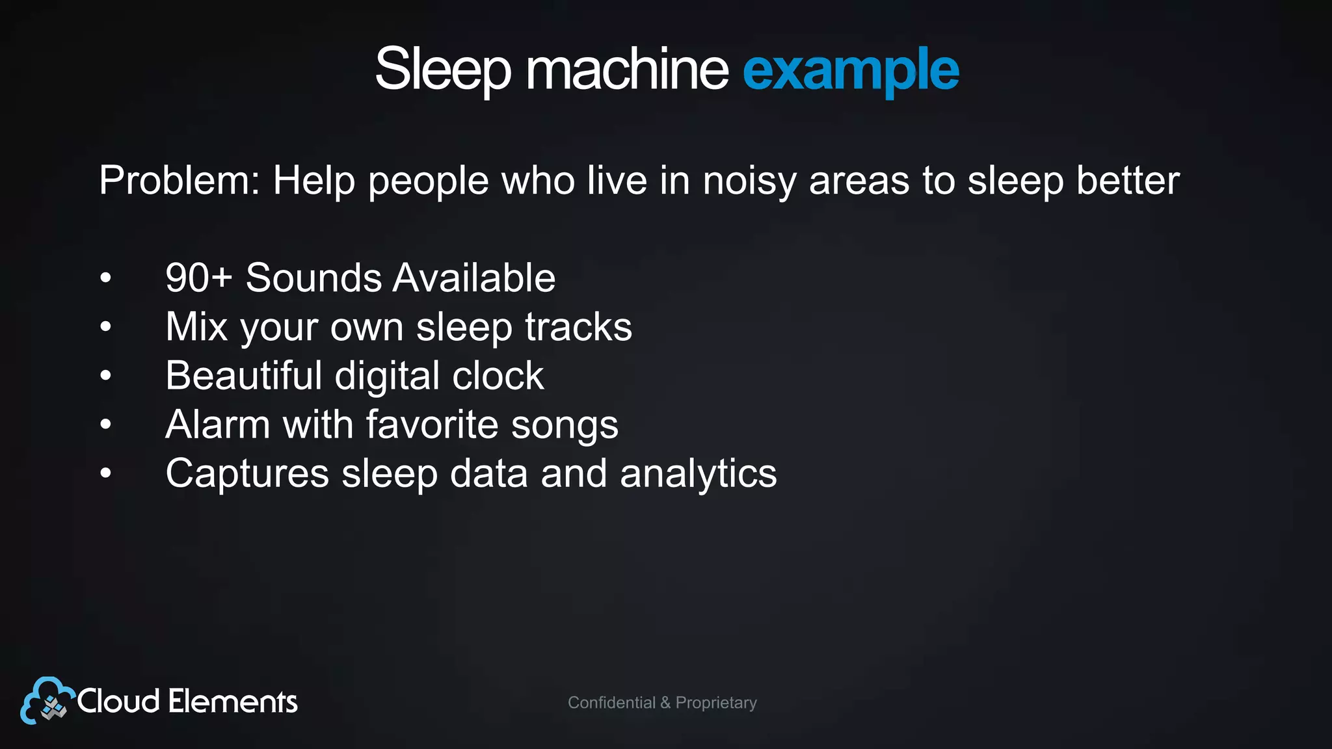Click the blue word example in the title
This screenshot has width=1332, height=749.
[x=851, y=70]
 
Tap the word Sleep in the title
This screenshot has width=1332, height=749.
[x=443, y=70]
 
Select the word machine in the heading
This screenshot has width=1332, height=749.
[x=627, y=70]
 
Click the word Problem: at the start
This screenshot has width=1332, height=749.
[x=180, y=180]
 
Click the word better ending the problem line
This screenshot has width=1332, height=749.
[x=1128, y=180]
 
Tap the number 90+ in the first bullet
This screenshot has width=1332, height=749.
[x=198, y=278]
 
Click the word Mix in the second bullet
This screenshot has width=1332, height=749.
[x=196, y=326]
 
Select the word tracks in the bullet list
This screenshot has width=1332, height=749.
[x=578, y=326]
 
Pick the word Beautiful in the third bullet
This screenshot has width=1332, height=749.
[x=244, y=375]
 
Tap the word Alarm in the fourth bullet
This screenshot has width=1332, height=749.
[x=218, y=425]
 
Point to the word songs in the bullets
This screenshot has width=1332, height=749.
[x=565, y=425]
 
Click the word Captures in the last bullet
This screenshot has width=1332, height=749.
[x=247, y=473]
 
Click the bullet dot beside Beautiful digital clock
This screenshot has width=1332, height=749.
[x=106, y=376]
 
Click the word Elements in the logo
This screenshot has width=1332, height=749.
[x=232, y=702]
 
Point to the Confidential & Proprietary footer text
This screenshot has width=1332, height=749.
[x=662, y=703]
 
